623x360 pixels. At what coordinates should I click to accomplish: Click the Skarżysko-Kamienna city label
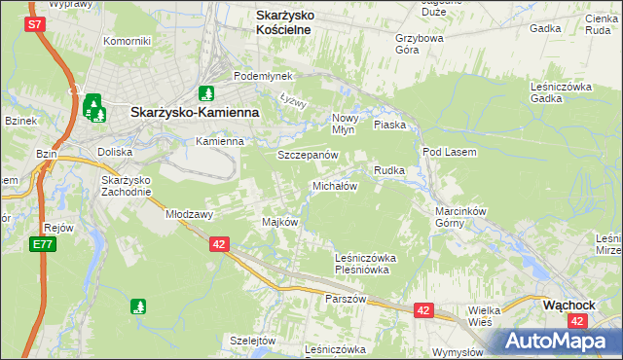[195, 113]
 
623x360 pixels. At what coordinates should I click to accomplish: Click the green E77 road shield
[41, 244]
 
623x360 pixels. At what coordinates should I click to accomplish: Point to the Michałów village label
[335, 185]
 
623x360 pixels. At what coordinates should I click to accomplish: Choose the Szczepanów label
[307, 156]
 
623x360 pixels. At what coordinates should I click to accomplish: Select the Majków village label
[279, 222]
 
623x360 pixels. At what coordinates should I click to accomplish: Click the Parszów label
[346, 299]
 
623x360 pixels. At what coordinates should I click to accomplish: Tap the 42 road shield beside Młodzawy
[219, 245]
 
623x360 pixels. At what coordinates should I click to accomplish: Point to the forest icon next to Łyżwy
[205, 93]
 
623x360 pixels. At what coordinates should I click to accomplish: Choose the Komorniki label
[127, 41]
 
